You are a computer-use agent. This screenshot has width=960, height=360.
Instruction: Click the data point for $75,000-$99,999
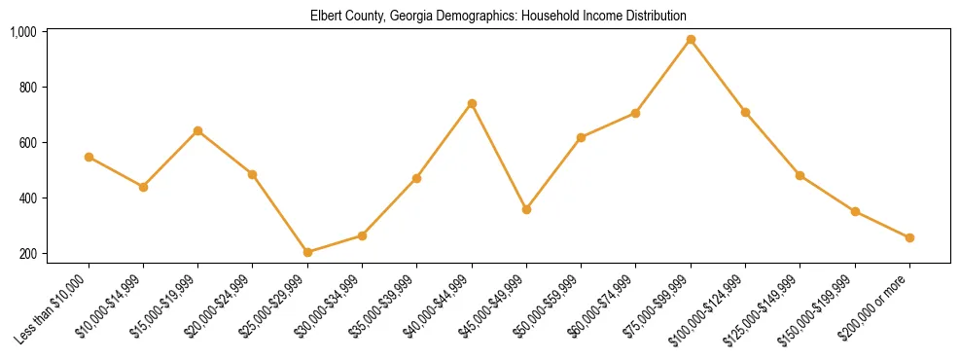point(691,40)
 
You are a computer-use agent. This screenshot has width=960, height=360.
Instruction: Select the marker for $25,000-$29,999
point(307,252)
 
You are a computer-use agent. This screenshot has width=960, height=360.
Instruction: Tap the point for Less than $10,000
point(89,157)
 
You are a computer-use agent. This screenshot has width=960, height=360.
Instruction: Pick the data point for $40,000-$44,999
point(472,103)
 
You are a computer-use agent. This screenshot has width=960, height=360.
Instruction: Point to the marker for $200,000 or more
point(909,237)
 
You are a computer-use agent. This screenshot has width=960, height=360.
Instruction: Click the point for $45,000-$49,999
point(526,209)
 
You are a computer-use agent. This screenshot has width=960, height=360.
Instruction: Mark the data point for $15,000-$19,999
point(198,130)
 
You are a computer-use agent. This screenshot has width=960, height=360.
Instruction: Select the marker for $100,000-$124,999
point(745,112)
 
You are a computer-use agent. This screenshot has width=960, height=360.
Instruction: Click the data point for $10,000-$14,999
point(143,187)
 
